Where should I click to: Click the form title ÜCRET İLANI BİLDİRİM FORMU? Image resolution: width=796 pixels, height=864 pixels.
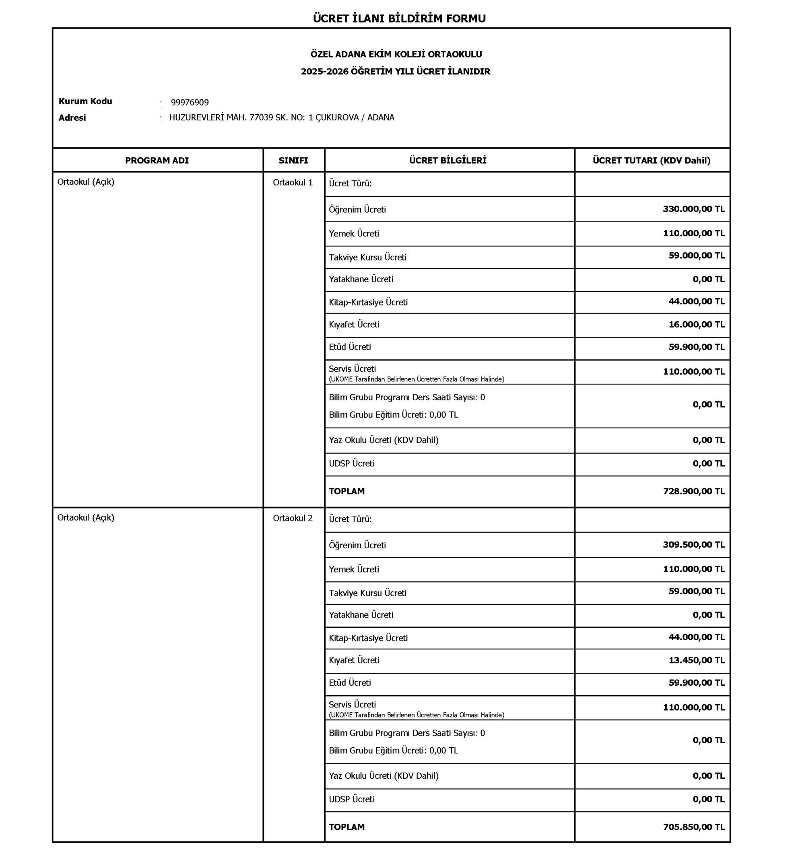pyautogui.click(x=399, y=19)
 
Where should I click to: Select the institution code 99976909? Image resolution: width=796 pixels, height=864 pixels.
pyautogui.click(x=190, y=103)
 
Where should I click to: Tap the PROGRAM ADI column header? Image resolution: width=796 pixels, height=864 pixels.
pyautogui.click(x=157, y=161)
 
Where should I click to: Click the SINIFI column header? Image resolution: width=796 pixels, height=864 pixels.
pyautogui.click(x=293, y=161)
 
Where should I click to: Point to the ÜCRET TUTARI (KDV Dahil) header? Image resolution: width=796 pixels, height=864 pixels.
pyautogui.click(x=651, y=161)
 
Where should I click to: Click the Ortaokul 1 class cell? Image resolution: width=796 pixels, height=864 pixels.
pyautogui.click(x=293, y=183)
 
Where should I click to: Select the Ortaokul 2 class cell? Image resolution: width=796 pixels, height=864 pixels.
pyautogui.click(x=293, y=519)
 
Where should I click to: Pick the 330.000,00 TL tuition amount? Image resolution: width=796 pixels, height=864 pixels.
pyautogui.click(x=693, y=209)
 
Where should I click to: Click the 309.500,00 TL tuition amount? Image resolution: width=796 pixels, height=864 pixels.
pyautogui.click(x=693, y=545)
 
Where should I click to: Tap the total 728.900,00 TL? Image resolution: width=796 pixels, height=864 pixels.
pyautogui.click(x=693, y=491)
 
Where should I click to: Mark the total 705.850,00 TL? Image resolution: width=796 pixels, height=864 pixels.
pyautogui.click(x=693, y=827)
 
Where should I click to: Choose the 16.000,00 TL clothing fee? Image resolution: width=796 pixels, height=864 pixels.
pyautogui.click(x=697, y=325)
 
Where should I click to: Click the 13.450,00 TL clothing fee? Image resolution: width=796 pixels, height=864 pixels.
pyautogui.click(x=697, y=660)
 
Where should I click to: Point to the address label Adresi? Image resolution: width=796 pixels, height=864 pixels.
pyautogui.click(x=72, y=118)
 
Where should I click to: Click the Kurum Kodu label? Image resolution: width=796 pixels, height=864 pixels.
pyautogui.click(x=85, y=102)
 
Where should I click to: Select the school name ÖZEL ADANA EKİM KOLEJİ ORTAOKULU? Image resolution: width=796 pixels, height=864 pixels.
pyautogui.click(x=396, y=54)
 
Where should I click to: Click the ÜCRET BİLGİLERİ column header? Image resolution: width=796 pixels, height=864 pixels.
pyautogui.click(x=447, y=161)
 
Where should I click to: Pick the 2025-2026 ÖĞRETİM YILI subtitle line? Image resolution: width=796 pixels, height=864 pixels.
pyautogui.click(x=396, y=72)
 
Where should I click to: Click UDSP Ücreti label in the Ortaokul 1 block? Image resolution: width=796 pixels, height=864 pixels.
pyautogui.click(x=351, y=464)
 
